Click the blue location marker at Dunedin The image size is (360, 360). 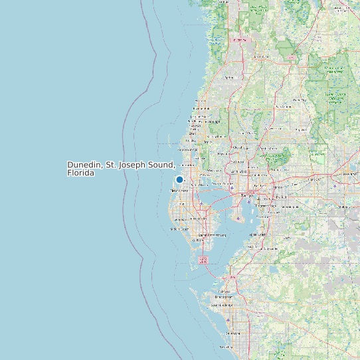tap(179, 179)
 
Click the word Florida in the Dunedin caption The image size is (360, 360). tap(80, 173)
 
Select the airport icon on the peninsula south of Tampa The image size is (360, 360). tap(238, 218)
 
